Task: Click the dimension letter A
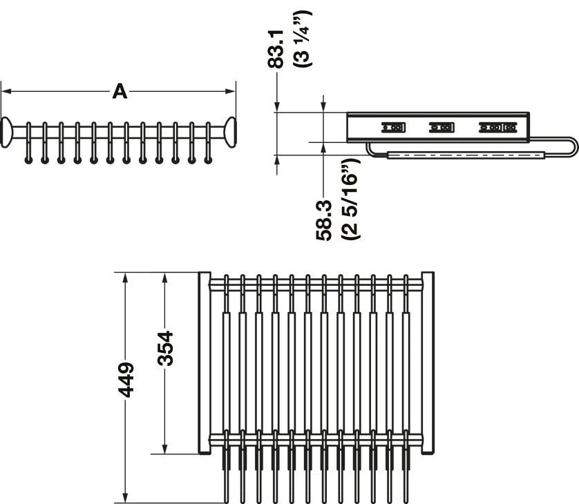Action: point(120,92)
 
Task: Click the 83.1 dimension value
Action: point(276,50)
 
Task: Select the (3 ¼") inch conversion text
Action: point(303,39)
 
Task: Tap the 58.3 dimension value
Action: point(324,221)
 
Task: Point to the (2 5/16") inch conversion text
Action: point(350,200)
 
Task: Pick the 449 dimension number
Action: point(126,380)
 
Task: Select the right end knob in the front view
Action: point(230,132)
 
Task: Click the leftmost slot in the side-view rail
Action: point(393,127)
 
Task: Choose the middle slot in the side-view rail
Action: point(442,127)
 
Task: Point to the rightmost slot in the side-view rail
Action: point(497,127)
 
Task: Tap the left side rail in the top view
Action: point(205,363)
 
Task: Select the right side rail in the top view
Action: point(428,363)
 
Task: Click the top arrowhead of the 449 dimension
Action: point(125,278)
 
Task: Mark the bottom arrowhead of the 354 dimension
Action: point(164,448)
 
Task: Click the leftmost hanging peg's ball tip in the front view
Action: point(28,160)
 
